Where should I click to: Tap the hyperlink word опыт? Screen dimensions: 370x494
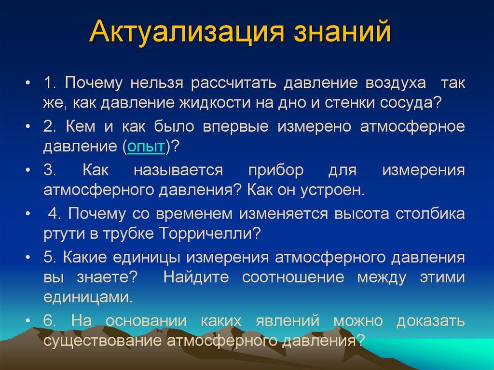coord(146,147)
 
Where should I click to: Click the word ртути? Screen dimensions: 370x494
coord(63,234)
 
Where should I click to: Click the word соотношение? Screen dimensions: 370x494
coord(300,277)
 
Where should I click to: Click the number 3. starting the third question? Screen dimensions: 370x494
coord(50,170)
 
